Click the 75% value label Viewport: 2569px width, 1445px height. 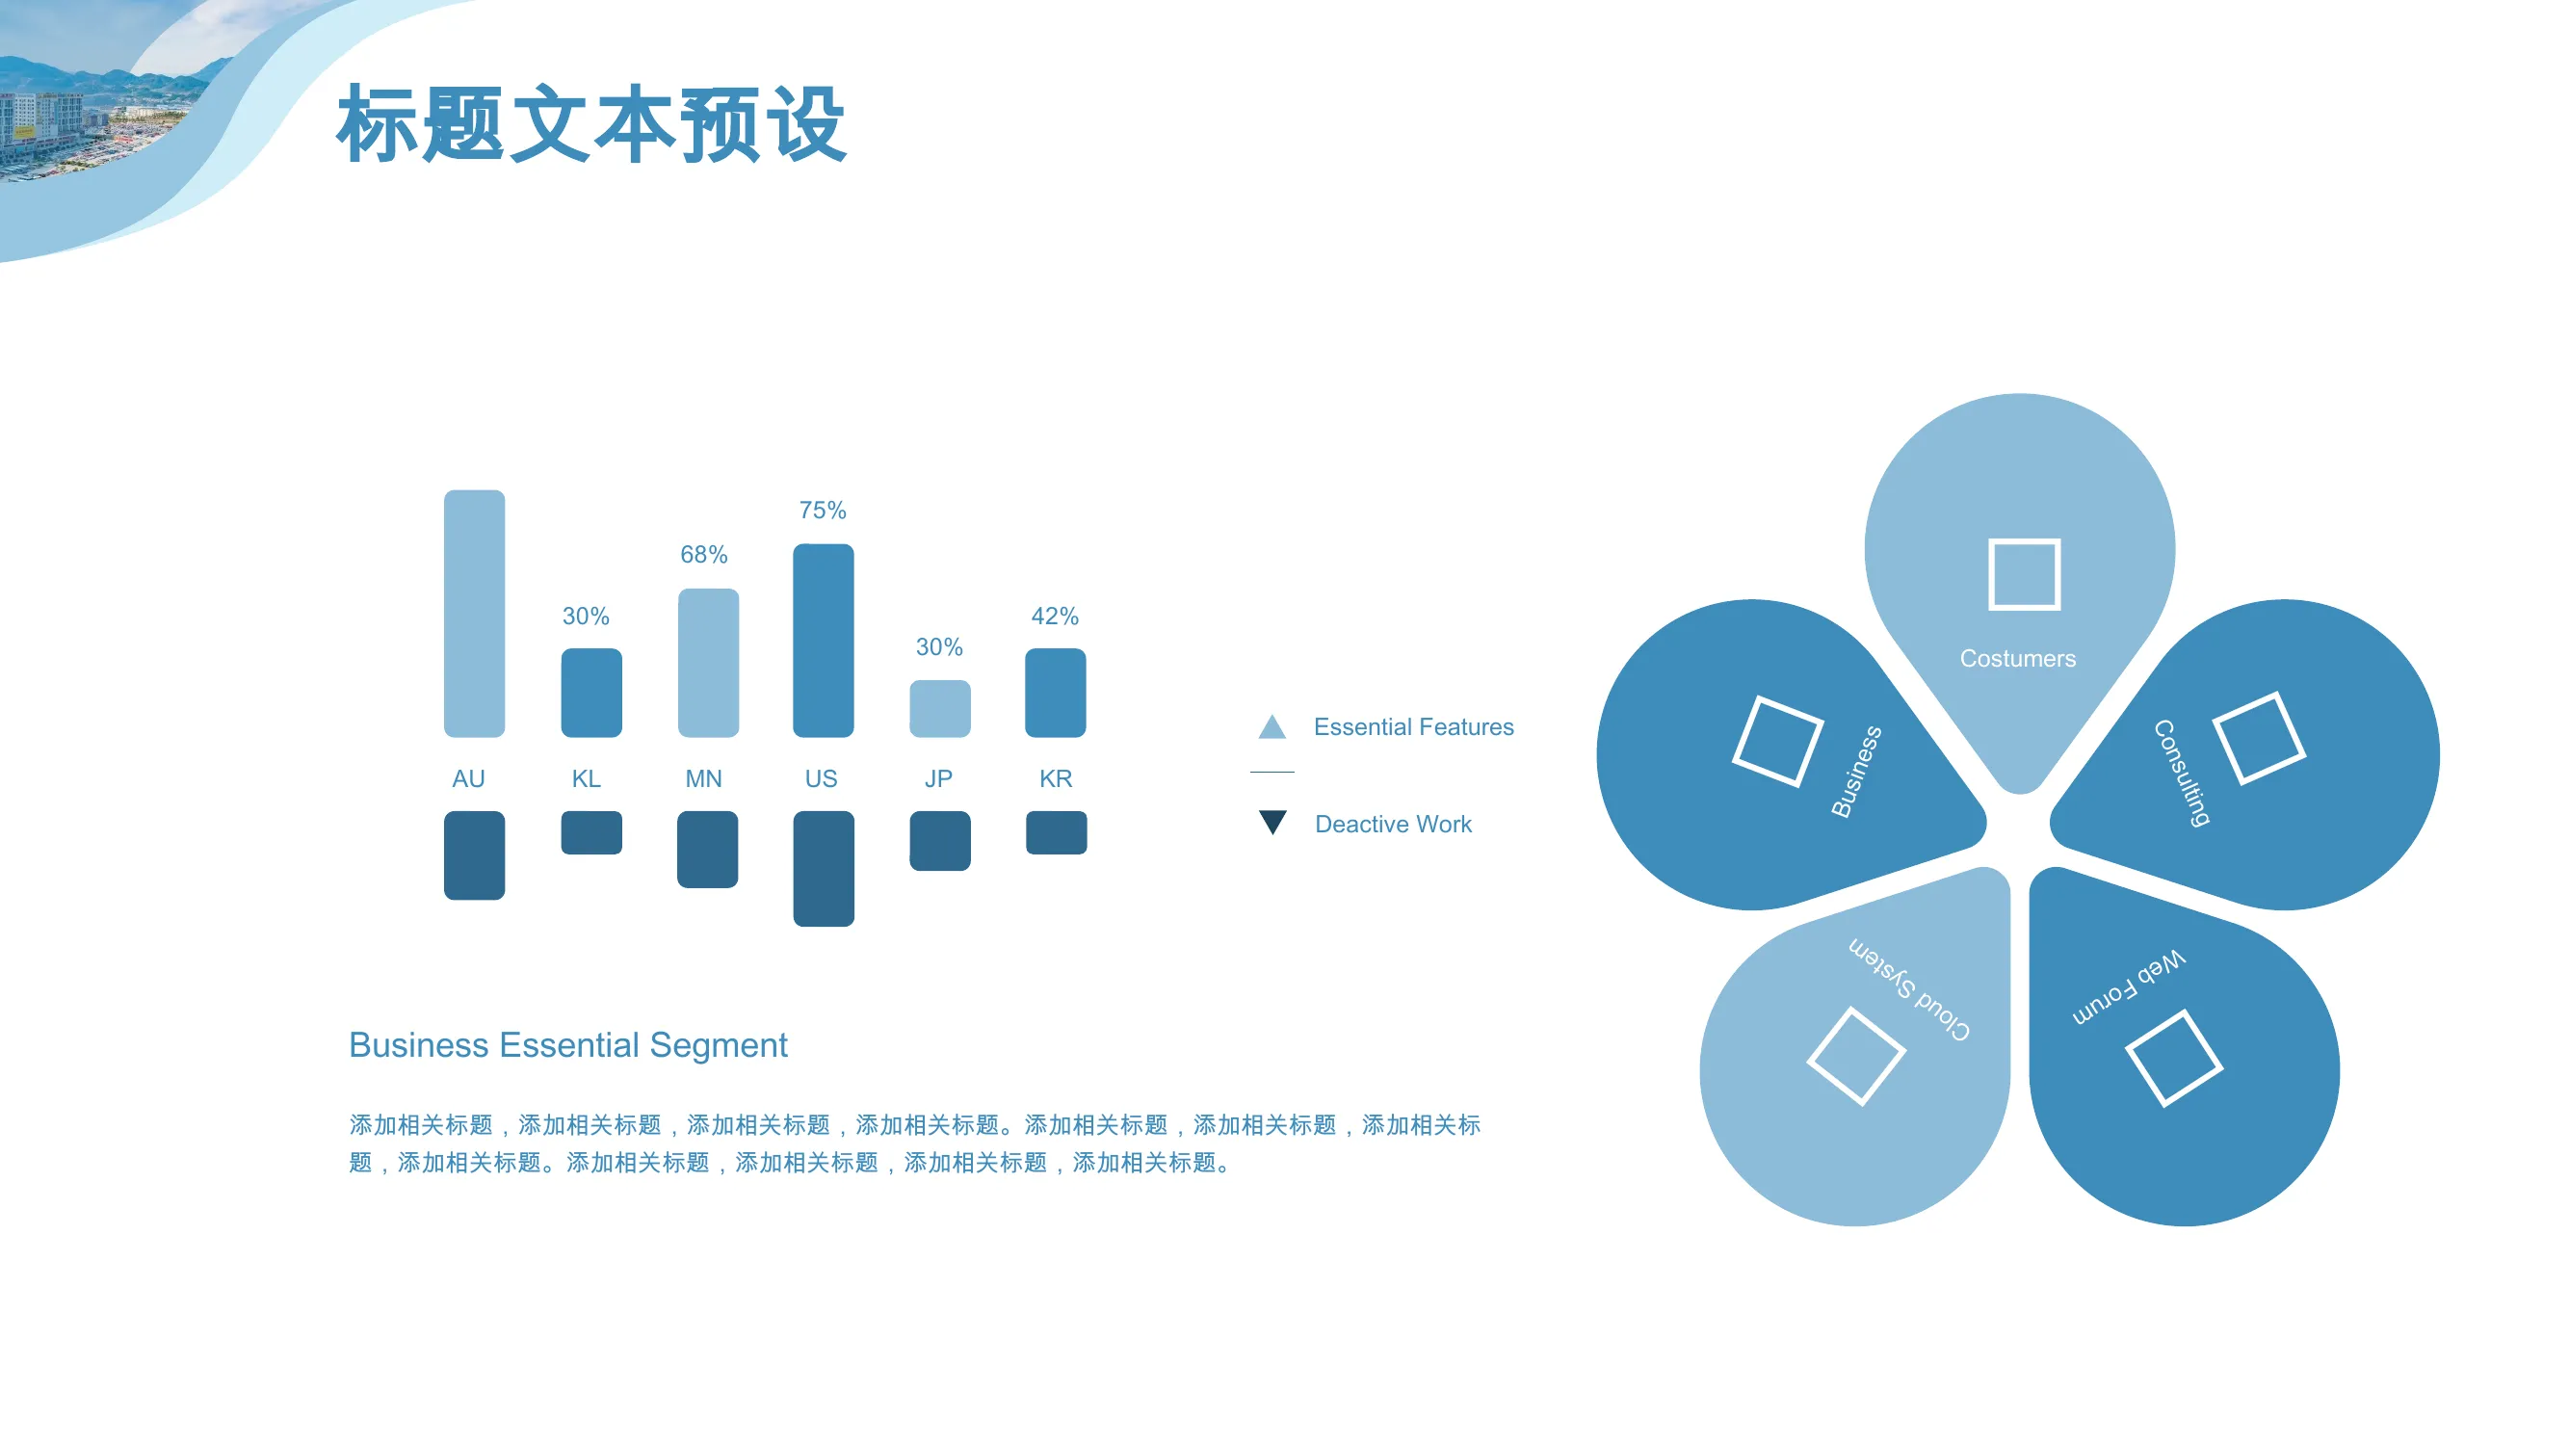(822, 511)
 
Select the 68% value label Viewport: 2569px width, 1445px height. (703, 555)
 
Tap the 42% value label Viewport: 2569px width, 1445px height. (1054, 617)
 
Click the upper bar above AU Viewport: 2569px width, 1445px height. (474, 614)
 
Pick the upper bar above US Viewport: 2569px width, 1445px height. (823, 641)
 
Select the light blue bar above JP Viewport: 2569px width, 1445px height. (939, 708)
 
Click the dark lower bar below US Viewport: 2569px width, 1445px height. (823, 869)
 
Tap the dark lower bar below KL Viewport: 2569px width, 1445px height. (591, 832)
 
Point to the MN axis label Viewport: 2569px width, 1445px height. (703, 778)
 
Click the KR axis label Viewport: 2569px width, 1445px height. (1055, 778)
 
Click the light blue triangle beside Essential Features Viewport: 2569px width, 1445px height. (1271, 726)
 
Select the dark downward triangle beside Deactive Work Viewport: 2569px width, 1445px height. (1271, 822)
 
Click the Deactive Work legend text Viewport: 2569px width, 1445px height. (1392, 824)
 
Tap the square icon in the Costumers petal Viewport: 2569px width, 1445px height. (2024, 573)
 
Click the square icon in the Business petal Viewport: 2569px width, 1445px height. (1777, 741)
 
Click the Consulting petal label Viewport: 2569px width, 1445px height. (2181, 773)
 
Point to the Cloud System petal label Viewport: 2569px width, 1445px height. (1909, 989)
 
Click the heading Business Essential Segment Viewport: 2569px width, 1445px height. (567, 1045)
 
